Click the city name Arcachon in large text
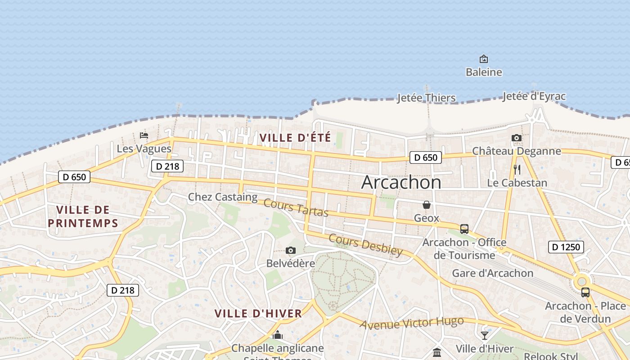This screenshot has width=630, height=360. pos(401,182)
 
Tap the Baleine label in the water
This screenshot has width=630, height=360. pos(484,72)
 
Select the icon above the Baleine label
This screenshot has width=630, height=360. pos(484,59)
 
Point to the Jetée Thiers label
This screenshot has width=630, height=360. pos(426,98)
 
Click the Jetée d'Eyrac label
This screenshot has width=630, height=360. pos(534,96)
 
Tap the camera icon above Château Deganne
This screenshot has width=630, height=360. pos(517,138)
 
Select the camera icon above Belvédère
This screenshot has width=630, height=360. pos(291,251)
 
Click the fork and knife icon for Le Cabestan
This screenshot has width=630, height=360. pos(517,170)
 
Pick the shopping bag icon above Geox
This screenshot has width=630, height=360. pos(427,205)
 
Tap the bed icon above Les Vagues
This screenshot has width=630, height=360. pos(144,135)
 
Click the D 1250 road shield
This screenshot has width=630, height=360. pos(566,247)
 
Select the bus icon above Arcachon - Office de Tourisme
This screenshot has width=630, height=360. pos(464,229)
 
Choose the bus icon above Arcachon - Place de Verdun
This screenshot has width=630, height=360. pos(585,292)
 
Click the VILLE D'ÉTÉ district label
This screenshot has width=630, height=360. pos(295,138)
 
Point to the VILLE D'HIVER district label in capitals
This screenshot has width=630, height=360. pos(258,314)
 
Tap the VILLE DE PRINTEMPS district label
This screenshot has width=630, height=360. pos(83,216)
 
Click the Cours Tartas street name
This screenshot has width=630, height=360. pos(296,207)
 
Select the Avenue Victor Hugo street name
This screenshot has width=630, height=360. pos(411,323)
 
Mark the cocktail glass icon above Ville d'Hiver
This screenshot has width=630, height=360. pos(485,336)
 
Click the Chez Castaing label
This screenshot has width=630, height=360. pos(223,197)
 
